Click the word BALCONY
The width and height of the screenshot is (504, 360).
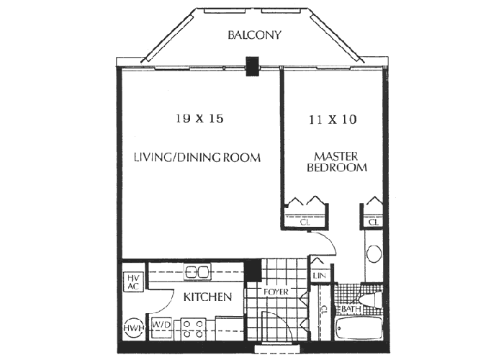pos(253,35)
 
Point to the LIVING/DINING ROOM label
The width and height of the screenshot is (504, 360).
pos(196,157)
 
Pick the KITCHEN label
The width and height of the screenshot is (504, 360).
pos(207,297)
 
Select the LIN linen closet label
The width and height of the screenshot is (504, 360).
pos(319,275)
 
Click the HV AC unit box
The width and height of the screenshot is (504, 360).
pos(132,282)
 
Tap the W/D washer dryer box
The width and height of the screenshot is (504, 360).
pos(161,325)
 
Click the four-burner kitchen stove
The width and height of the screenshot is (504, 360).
pos(194,330)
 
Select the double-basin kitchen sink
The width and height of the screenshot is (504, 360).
pos(197,271)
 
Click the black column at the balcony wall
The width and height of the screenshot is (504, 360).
pos(251,66)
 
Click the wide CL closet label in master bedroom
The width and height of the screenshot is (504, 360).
pos(306,222)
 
